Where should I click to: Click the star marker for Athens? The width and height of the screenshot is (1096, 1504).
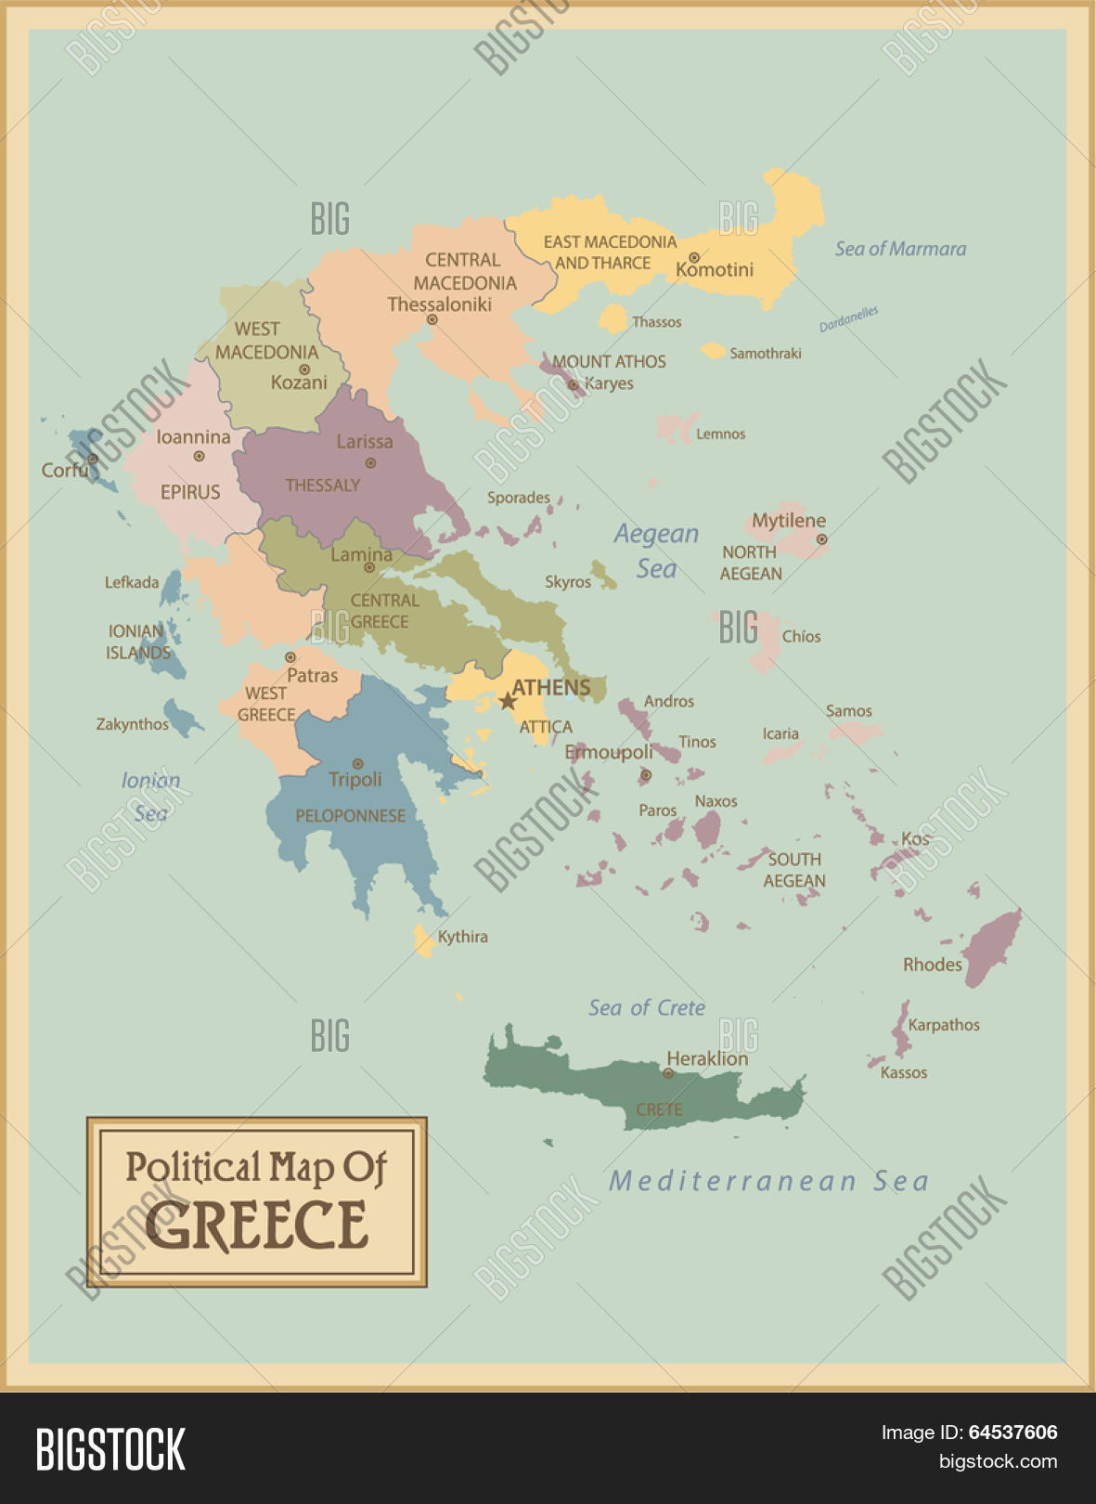[508, 701]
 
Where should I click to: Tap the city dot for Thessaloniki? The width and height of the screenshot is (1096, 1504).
[432, 319]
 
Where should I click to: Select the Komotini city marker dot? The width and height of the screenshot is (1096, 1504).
[693, 257]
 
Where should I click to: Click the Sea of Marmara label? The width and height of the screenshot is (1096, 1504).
[900, 249]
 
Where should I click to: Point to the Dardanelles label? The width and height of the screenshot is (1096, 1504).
[848, 318]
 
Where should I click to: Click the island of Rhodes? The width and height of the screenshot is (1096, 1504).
[993, 947]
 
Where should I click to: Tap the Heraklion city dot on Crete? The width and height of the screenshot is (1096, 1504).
[668, 1073]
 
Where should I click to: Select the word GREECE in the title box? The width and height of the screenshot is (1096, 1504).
[256, 1225]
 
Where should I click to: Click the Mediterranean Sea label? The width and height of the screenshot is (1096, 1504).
[768, 1181]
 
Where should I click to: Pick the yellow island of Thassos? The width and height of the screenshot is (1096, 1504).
[612, 318]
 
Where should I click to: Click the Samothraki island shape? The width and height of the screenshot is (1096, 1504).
[713, 351]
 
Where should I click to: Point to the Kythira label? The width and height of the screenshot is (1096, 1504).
[462, 937]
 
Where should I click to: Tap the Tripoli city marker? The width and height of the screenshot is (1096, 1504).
[357, 763]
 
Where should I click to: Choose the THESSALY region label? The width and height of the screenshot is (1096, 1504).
[322, 486]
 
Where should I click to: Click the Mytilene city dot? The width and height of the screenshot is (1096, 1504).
[821, 538]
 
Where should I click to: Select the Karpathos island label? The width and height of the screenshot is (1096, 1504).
[943, 1025]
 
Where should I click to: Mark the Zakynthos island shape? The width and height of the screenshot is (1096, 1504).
[181, 718]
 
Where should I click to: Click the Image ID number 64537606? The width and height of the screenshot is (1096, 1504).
[1012, 1433]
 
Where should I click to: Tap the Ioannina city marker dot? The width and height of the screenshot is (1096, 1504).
[199, 456]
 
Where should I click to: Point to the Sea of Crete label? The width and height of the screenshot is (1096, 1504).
[647, 1008]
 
